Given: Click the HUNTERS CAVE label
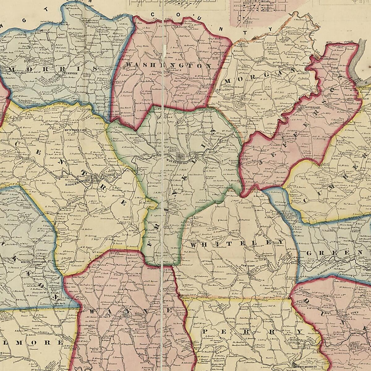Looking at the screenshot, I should [x=72, y=130].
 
